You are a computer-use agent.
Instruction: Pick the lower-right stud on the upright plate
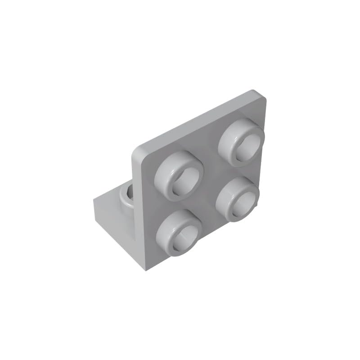pyautogui.click(x=238, y=198)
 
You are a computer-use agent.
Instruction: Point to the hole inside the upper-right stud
pyautogui.click(x=247, y=146)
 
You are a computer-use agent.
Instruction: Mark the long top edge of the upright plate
pyautogui.click(x=198, y=117)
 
